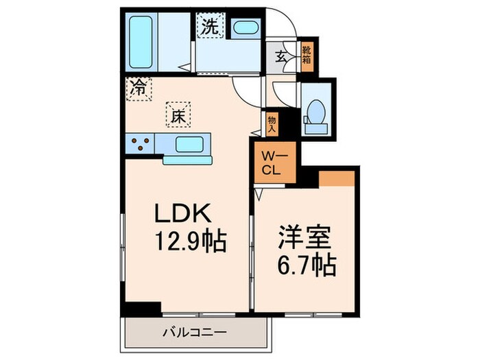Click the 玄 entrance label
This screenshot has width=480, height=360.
tap(280, 57)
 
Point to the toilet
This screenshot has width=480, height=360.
tap(316, 114)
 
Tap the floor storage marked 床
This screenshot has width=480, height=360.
tap(176, 115)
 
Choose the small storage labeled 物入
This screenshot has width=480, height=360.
tap(272, 124)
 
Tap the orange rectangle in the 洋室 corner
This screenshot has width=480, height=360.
tap(336, 177)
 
